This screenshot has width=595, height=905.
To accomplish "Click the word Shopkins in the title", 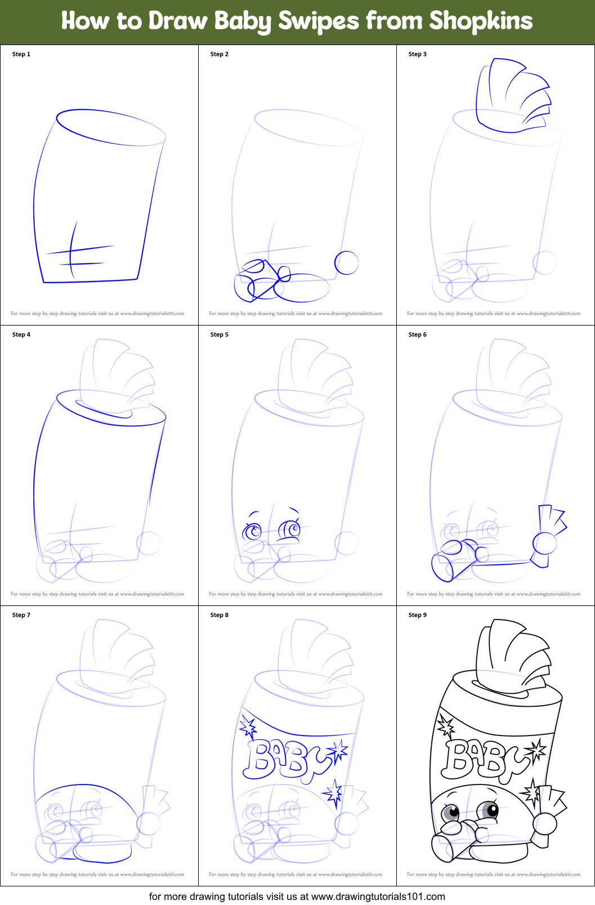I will point(481,21).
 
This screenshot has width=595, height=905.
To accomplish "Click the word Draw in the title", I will point(179,21).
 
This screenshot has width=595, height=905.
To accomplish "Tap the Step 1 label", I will point(21,54).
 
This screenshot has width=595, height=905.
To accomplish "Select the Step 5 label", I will point(220,335).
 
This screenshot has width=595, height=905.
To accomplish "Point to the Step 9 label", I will point(418,615).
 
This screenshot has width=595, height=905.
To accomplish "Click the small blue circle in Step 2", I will point(347,262).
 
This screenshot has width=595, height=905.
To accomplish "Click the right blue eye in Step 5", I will point(290,529).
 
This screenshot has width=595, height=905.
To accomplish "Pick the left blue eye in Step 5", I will point(253,531).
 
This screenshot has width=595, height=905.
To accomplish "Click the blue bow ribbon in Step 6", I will point(548,535).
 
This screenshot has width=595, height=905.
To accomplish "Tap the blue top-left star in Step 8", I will point(248,727).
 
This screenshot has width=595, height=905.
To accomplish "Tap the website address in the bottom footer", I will point(378,896).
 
